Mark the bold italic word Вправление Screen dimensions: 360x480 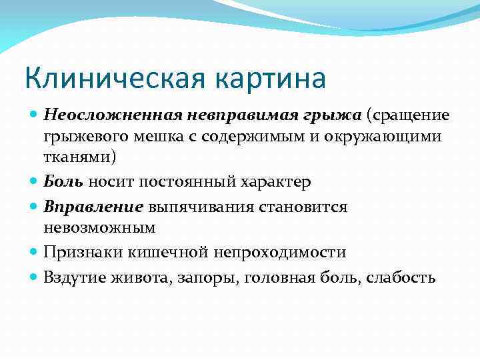[x=93, y=206]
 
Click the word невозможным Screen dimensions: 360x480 [x=99, y=227]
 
